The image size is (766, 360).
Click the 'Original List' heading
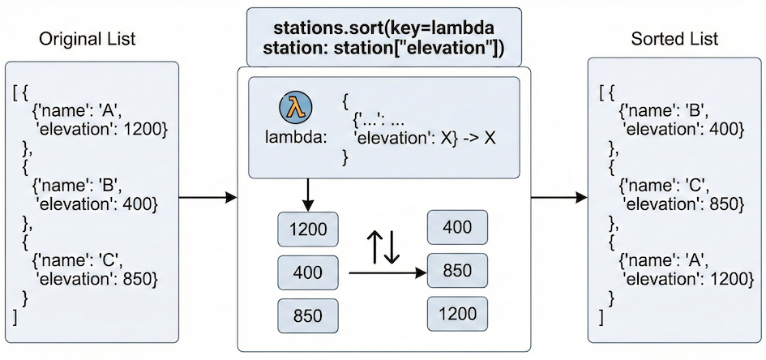(x=88, y=38)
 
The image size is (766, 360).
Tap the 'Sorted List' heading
(x=674, y=38)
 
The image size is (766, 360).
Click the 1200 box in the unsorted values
(x=308, y=230)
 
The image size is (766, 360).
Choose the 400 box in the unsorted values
(x=308, y=272)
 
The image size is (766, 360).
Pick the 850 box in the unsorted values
(x=308, y=315)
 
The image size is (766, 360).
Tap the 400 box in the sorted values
(x=458, y=228)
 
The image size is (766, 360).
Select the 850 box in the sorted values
(x=458, y=270)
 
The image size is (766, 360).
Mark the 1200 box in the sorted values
(x=458, y=313)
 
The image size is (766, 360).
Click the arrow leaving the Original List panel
(x=207, y=198)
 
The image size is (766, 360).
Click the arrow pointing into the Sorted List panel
(x=559, y=198)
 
